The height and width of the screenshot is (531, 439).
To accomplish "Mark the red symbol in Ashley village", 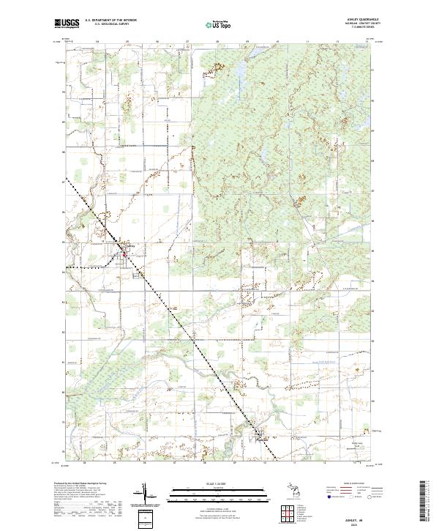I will [x=124, y=255].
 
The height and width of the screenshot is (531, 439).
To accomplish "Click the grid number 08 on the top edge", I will [x=217, y=42].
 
